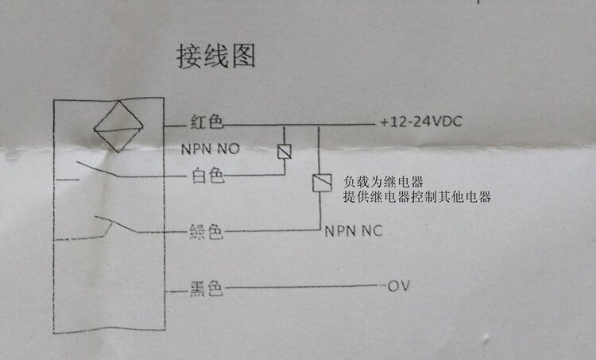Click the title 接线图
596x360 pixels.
(x=215, y=57)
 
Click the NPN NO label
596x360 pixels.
(x=211, y=149)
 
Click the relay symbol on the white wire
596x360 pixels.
(x=283, y=151)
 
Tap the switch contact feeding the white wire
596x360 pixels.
(x=99, y=169)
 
